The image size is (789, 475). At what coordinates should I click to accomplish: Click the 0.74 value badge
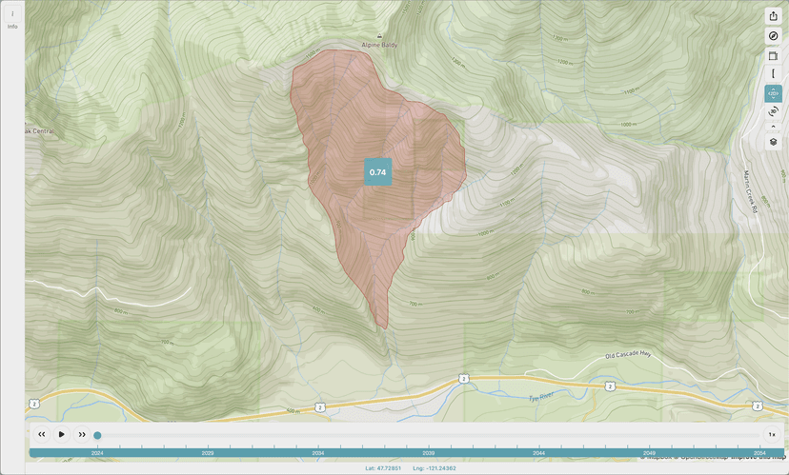(377, 172)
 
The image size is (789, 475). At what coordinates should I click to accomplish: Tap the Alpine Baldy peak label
(379, 45)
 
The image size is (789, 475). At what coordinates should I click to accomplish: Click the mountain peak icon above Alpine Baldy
(379, 37)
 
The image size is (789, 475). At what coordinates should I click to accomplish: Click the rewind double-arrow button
(42, 434)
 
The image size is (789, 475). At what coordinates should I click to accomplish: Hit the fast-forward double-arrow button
(82, 434)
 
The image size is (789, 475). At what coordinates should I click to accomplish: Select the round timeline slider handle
(97, 435)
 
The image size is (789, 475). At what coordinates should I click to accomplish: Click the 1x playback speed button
(772, 434)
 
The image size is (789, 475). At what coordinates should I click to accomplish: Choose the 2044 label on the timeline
(538, 453)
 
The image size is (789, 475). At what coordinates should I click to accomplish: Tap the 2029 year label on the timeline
(207, 453)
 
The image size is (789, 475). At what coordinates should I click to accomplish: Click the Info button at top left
(12, 19)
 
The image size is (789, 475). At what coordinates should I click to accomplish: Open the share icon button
(773, 16)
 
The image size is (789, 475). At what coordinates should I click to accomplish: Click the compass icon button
(773, 36)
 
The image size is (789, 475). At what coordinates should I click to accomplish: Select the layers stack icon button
(773, 142)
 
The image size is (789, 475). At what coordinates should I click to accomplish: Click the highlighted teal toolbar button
(773, 93)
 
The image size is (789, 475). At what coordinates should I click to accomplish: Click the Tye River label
(541, 398)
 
